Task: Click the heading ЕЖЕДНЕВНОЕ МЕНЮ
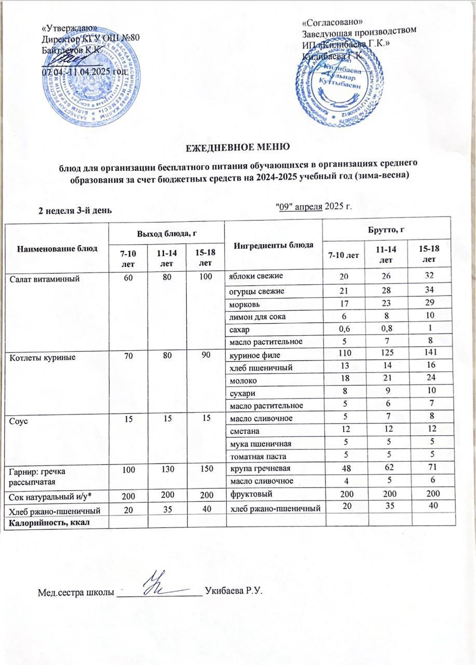[x=238, y=147]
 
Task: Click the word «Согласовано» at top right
[x=332, y=22]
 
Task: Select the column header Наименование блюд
[x=57, y=248]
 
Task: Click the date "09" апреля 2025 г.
[x=316, y=207]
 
